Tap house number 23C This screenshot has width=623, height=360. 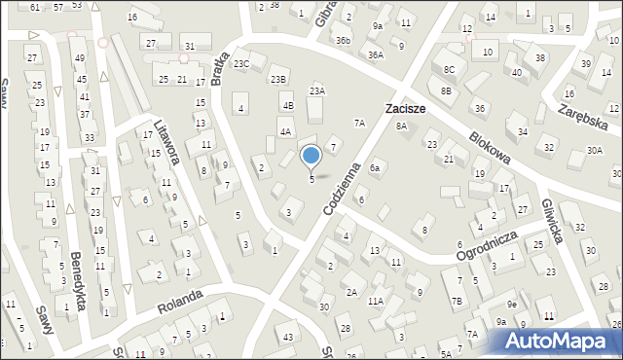click(241, 64)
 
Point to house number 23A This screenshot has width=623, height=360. click(316, 90)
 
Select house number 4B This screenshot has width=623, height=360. click(287, 105)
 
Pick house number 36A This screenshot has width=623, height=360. click(376, 55)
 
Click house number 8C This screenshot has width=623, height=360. click(449, 70)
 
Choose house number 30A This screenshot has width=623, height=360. click(594, 151)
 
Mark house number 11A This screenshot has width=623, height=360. click(376, 302)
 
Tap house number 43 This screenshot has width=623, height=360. click(287, 337)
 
